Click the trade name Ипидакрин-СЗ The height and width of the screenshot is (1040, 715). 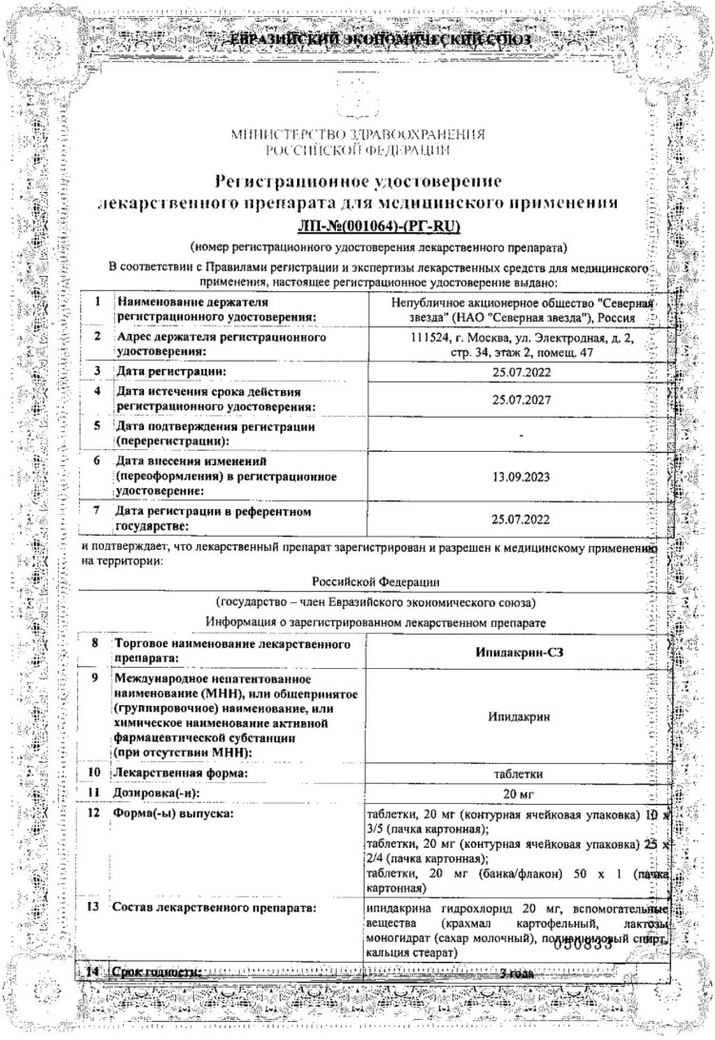[x=521, y=651]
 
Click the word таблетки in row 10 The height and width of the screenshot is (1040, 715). [x=521, y=773]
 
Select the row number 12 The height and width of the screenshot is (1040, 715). [x=95, y=814]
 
